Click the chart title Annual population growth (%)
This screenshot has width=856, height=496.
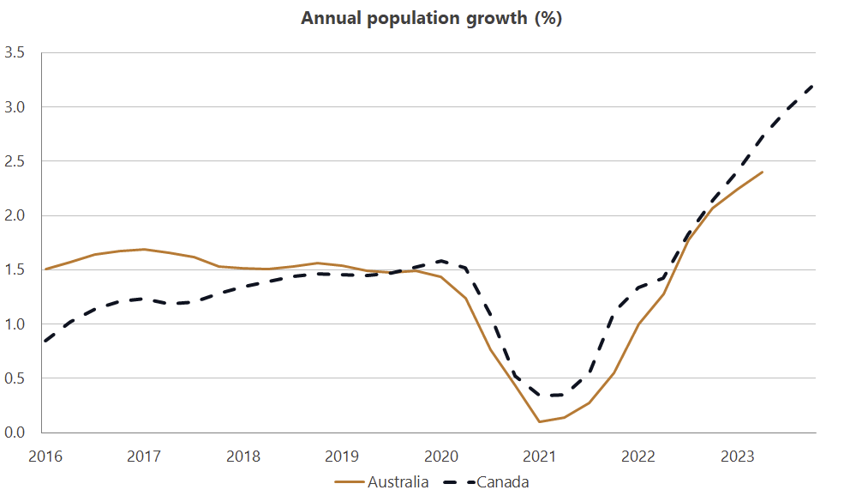(x=431, y=18)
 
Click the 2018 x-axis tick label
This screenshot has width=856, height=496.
(x=242, y=456)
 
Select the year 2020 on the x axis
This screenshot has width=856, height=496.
(x=441, y=456)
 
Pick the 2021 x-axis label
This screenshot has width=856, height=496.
(x=541, y=456)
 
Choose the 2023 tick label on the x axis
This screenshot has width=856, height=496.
(x=739, y=456)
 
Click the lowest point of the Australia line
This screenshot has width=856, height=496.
(x=540, y=421)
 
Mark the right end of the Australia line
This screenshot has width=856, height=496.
(x=763, y=172)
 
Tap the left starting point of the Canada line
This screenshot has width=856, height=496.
(x=45, y=341)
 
